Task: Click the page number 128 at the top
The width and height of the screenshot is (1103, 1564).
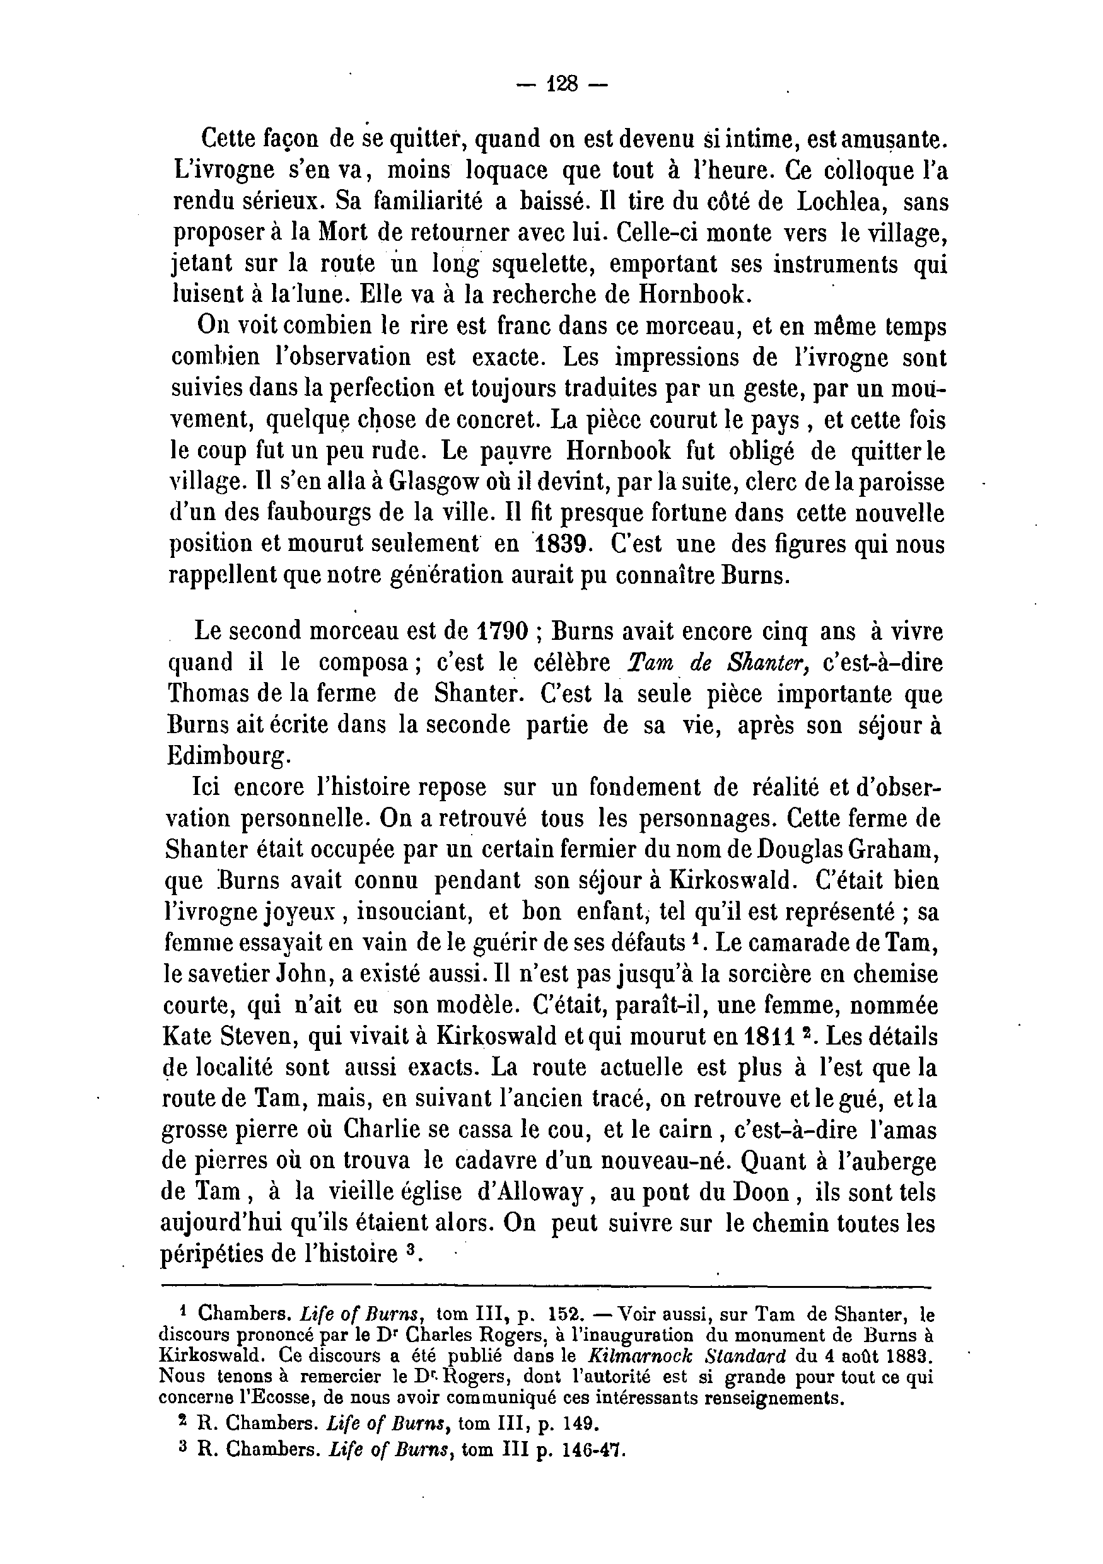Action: pos(561,84)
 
